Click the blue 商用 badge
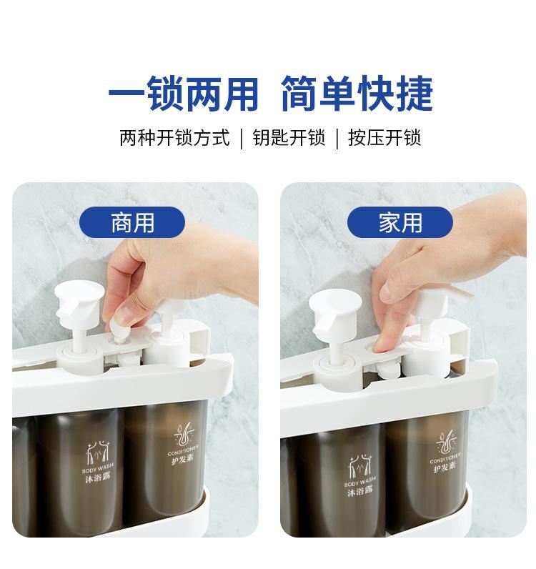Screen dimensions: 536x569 (x=132, y=222)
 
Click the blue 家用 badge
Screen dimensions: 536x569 (x=400, y=222)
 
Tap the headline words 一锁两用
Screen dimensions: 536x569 (x=183, y=94)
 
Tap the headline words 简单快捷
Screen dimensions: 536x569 (x=357, y=94)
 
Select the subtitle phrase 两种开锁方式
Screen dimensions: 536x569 (x=174, y=138)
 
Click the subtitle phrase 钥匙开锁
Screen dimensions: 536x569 (x=289, y=138)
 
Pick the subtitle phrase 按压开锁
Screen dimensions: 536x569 (x=384, y=138)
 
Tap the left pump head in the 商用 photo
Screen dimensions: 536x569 (x=79, y=304)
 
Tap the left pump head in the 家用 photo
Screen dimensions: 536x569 (x=334, y=311)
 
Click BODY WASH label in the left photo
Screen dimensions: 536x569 (x=98, y=467)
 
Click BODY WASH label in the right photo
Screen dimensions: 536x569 (x=361, y=482)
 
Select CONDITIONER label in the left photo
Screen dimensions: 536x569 (x=183, y=450)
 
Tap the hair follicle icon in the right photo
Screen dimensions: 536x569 (x=447, y=441)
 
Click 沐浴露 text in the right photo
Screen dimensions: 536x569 (x=360, y=491)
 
